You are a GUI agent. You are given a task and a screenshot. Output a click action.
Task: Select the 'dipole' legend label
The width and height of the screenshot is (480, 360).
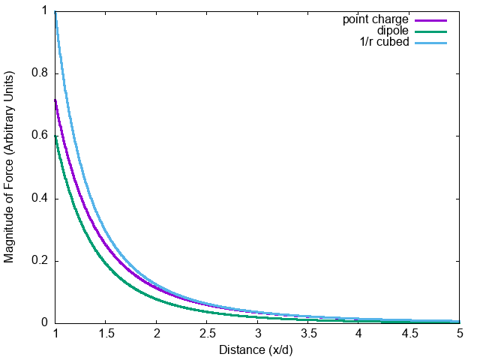[392, 31]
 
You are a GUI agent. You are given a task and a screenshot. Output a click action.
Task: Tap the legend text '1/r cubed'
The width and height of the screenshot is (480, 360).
[385, 42]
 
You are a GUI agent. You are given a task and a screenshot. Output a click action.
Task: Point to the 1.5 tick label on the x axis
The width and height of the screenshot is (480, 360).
[106, 336]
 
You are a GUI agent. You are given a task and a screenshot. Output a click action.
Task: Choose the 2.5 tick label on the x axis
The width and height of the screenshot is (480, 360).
[207, 336]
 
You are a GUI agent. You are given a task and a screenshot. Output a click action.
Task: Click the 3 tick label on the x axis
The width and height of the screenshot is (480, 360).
[258, 336]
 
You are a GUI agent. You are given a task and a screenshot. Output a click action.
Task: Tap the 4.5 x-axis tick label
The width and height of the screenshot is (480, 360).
[409, 336]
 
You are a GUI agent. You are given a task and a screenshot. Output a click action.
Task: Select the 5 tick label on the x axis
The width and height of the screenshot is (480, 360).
[460, 336]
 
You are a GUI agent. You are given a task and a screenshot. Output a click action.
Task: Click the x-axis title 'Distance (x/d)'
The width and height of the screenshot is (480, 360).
[257, 350]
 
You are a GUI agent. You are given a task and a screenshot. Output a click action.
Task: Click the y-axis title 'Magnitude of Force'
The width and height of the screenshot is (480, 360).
[10, 166]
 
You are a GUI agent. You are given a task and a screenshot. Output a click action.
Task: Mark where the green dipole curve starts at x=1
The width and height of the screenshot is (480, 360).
[55, 136]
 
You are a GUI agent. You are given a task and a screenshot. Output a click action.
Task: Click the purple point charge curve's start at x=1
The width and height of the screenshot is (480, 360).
[55, 100]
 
